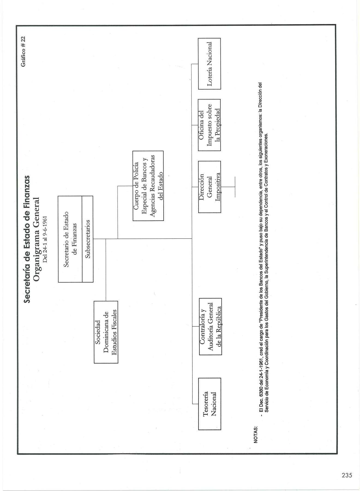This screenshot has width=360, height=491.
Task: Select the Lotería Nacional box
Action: tap(209, 64)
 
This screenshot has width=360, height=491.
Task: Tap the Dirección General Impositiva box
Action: tap(209, 187)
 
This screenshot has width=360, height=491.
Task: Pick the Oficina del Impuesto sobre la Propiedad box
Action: tap(209, 125)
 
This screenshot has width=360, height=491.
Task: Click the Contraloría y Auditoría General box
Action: tap(210, 326)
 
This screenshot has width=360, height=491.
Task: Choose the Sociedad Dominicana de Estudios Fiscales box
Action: tap(106, 332)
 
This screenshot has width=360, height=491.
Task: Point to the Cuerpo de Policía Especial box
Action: tap(148, 185)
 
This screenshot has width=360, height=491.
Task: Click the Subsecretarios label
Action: tap(88, 239)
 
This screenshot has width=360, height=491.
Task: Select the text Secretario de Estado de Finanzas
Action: tap(70, 239)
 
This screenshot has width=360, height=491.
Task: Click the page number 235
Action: tap(347, 475)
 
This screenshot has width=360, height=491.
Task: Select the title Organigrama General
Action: tap(36, 239)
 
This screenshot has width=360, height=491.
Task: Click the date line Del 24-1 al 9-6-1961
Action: tap(45, 239)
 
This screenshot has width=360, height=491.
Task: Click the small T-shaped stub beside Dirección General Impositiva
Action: tap(235, 187)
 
